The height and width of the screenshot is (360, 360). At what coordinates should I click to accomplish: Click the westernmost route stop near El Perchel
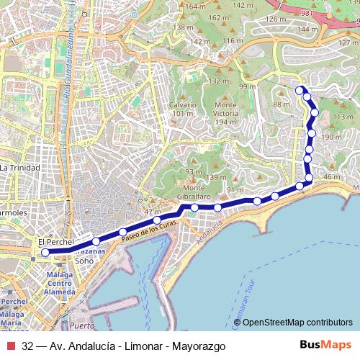pos(45,253)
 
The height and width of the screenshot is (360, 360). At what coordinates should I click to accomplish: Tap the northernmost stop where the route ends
pos(300,90)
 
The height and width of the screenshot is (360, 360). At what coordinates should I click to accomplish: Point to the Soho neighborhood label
pos(84,261)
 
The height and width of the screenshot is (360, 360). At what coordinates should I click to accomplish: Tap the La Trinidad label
pos(20,167)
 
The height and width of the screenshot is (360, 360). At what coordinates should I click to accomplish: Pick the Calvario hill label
pos(182,109)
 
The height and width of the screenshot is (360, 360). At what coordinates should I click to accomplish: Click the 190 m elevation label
pos(331,137)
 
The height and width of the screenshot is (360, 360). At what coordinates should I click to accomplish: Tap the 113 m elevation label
pos(343,117)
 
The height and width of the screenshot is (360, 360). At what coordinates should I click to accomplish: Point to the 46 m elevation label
pos(332,177)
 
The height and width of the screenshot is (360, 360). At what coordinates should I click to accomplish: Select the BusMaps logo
pos(325,345)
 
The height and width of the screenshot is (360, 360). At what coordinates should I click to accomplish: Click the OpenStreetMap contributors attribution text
pos(297,322)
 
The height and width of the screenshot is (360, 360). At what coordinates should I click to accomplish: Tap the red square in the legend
pos(10,346)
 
